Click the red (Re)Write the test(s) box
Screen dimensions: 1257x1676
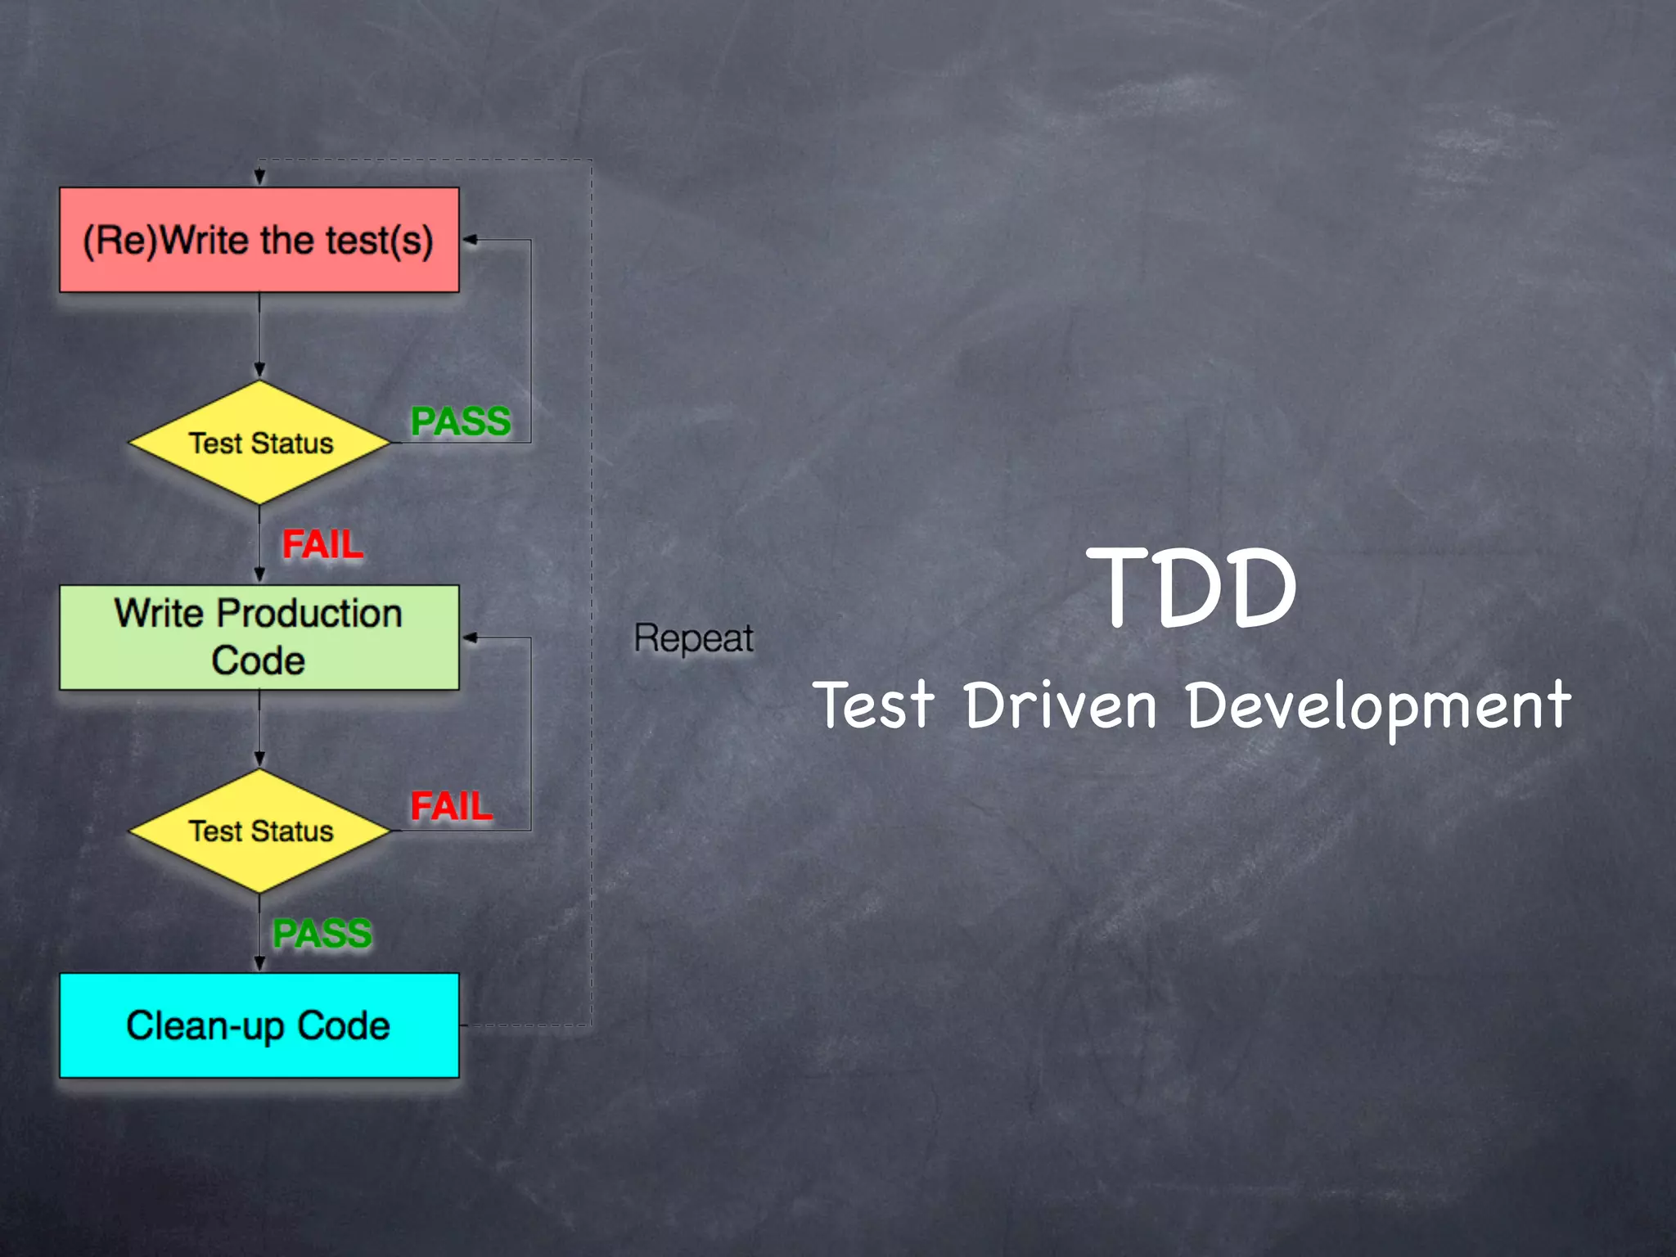[259, 240]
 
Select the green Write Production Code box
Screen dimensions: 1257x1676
[259, 638]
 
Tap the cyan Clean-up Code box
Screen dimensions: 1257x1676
[259, 1025]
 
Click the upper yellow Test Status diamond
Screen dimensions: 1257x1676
[259, 443]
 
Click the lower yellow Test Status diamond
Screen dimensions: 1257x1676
[259, 831]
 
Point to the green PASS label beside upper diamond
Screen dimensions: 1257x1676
[460, 421]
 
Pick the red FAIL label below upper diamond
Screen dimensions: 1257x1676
[322, 544]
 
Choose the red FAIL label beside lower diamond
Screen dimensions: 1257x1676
[451, 806]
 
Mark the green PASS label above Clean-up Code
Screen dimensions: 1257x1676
[322, 933]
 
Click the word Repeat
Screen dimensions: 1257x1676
[693, 638]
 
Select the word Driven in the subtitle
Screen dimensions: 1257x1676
[1060, 705]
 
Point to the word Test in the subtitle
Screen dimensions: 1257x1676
[873, 705]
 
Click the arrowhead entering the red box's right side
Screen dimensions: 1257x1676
[470, 240]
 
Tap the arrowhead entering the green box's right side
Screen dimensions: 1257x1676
[470, 638]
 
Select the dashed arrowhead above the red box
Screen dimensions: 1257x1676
[259, 177]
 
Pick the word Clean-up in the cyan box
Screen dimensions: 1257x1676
[205, 1026]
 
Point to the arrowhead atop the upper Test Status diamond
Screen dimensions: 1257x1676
[259, 370]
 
